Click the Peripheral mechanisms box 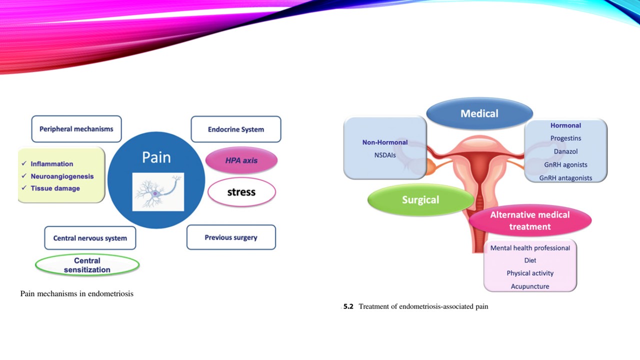(x=76, y=129)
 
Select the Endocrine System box (x=236, y=129)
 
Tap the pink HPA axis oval (x=241, y=160)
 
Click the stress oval (x=241, y=192)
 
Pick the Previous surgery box (x=231, y=237)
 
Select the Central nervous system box (x=90, y=238)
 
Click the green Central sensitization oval (x=87, y=265)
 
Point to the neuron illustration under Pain (x=158, y=192)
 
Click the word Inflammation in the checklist (x=52, y=164)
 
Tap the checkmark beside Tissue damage (x=24, y=188)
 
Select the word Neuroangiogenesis (x=62, y=176)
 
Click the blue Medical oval (x=479, y=113)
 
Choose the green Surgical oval (x=420, y=200)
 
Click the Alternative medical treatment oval (x=530, y=220)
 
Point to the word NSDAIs (x=385, y=155)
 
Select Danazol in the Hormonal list (x=565, y=151)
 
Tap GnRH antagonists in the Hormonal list (x=565, y=178)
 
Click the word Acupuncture (x=530, y=286)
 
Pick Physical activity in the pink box (x=530, y=273)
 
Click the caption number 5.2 (x=348, y=306)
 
